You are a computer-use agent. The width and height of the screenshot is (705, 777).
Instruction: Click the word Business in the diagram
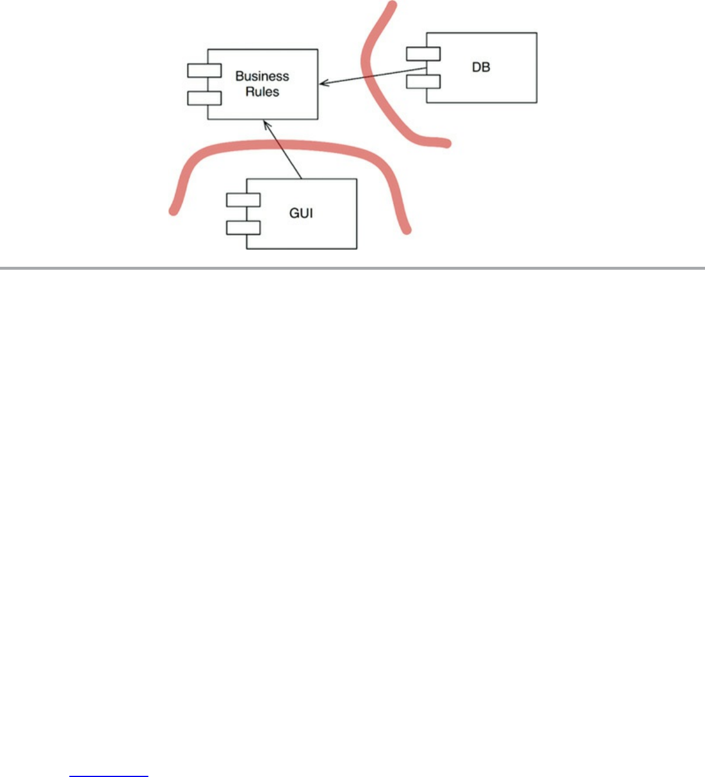tap(262, 76)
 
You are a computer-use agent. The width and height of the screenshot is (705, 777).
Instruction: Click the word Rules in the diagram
tap(262, 92)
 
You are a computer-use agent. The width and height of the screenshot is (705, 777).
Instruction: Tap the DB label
tap(481, 67)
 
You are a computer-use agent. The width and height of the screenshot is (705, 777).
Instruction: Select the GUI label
tap(301, 213)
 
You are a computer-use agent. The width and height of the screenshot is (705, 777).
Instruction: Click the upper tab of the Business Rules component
tap(204, 71)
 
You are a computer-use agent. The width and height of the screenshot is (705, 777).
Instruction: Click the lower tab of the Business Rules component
tap(204, 98)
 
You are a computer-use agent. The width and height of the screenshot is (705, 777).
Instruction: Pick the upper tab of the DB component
tap(423, 54)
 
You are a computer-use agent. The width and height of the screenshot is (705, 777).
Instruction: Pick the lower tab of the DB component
tap(423, 81)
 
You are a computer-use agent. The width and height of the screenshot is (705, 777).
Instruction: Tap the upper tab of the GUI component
tap(243, 200)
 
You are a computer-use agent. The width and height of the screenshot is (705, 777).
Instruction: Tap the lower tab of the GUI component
tap(243, 227)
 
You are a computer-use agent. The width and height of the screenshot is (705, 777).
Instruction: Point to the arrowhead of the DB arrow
tap(323, 84)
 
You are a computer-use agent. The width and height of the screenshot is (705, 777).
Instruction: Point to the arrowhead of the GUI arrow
tap(266, 123)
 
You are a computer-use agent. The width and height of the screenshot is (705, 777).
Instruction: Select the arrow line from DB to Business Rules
tap(375, 76)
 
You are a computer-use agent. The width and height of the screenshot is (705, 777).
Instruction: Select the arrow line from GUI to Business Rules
tap(284, 151)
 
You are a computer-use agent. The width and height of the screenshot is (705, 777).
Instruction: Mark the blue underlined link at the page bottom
tap(108, 775)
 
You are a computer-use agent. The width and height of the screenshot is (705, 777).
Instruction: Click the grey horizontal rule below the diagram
tap(351, 268)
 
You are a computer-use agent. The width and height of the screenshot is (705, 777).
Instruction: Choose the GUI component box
tap(316, 234)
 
